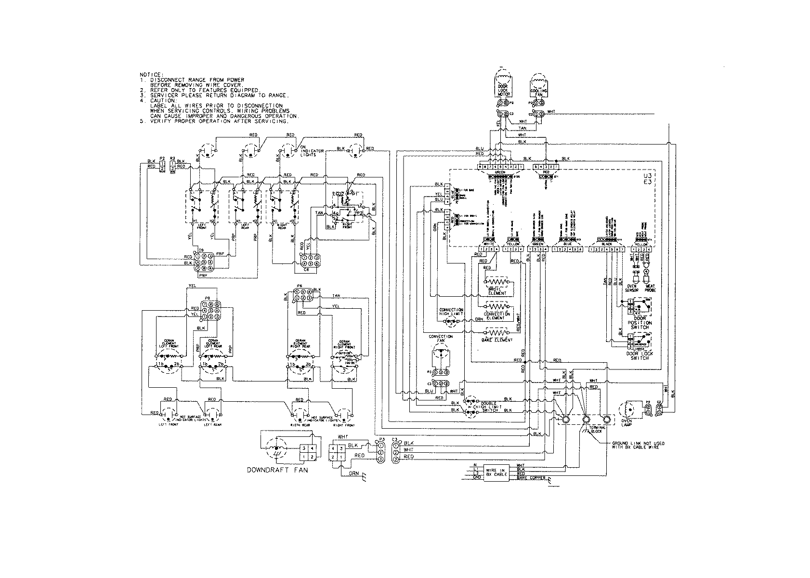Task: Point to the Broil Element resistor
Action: (x=497, y=280)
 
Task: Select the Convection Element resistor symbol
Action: (x=497, y=306)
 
